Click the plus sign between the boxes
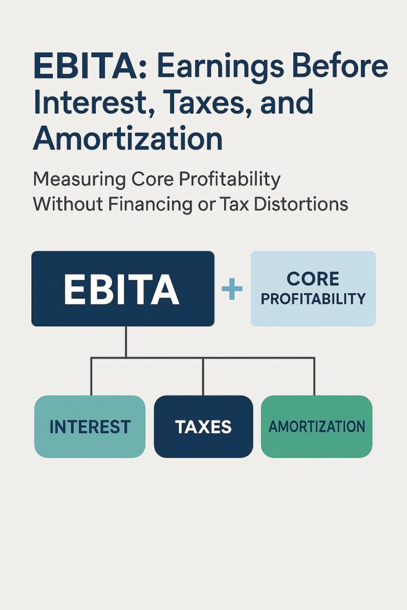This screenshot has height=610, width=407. pyautogui.click(x=232, y=290)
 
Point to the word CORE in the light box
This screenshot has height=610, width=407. pyautogui.click(x=313, y=279)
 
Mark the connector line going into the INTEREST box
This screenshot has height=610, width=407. pyautogui.click(x=91, y=376)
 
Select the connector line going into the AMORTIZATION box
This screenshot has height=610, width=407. pyautogui.click(x=315, y=376)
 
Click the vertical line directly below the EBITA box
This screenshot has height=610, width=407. pyautogui.click(x=126, y=341)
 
